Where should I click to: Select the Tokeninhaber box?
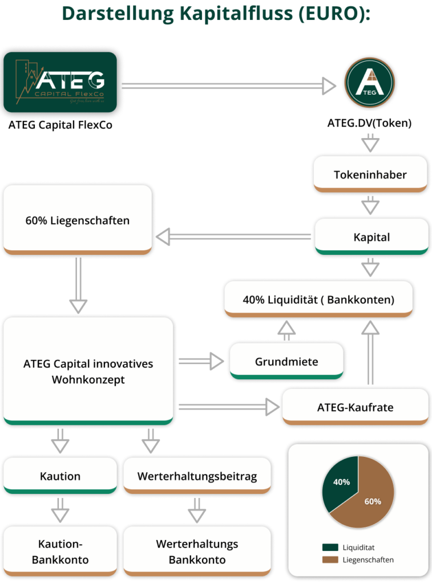[370, 173]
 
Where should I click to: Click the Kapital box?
[371, 237]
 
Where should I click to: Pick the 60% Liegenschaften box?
[78, 220]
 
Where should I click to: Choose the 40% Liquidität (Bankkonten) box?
[318, 299]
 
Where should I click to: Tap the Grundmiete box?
[286, 362]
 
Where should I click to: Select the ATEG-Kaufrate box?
[355, 407]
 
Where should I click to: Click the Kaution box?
[60, 476]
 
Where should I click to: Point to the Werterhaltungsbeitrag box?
[197, 476]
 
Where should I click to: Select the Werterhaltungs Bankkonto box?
[197, 551]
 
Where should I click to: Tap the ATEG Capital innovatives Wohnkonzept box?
[88, 371]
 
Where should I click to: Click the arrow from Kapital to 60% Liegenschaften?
[234, 236]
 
